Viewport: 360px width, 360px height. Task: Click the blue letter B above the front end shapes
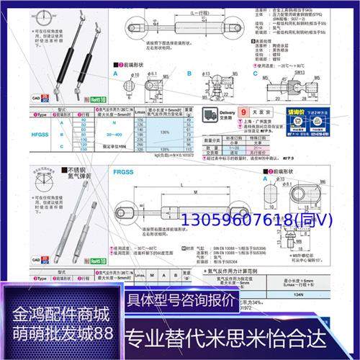pyautogui.click(x=189, y=73)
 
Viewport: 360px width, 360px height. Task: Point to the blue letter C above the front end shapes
pyautogui.click(x=255, y=73)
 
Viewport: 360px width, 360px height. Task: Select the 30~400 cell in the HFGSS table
pyautogui.click(x=114, y=133)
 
